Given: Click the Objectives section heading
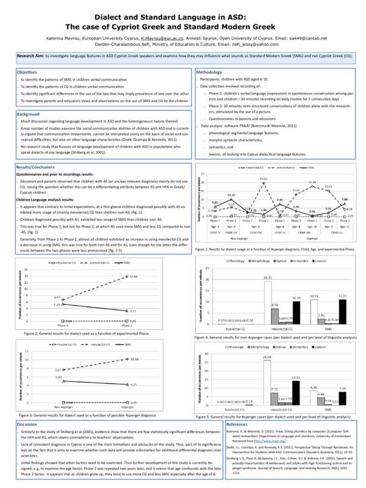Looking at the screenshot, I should click(27, 72).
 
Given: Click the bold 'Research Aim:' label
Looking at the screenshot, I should click(34, 55).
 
